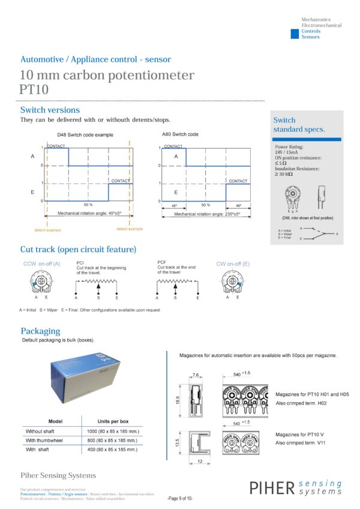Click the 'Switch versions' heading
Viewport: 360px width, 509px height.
click(50, 110)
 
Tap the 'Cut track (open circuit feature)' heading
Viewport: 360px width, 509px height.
click(78, 249)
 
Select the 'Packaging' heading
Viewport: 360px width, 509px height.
click(40, 331)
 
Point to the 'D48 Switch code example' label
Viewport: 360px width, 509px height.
click(85, 135)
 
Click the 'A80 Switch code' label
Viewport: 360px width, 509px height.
click(180, 134)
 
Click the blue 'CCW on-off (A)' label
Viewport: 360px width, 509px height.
click(41, 263)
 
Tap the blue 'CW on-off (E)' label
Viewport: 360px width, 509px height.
click(233, 263)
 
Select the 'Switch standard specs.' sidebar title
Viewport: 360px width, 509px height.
click(299, 125)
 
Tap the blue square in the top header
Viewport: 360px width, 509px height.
click(294, 34)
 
